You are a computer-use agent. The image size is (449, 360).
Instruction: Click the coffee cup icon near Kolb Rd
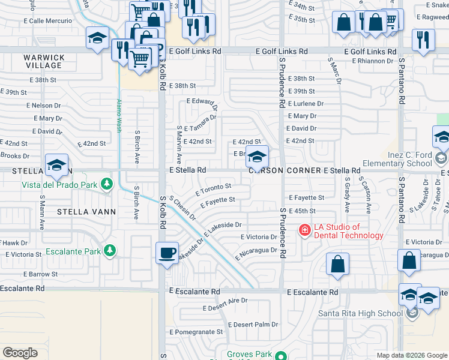tap(167, 253)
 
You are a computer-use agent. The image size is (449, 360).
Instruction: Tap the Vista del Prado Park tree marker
tap(107, 183)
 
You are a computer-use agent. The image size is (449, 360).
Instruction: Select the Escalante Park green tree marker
tap(110, 250)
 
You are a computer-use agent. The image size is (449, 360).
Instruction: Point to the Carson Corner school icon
tap(257, 158)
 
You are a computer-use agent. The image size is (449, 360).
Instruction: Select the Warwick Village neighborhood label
tap(44, 61)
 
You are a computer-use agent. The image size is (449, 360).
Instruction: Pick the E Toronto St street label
tap(213, 191)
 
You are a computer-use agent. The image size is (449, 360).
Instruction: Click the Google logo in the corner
tap(20, 353)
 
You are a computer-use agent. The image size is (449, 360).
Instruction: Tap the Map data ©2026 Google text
tap(411, 355)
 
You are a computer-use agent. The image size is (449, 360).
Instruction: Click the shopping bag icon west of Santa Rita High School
tap(338, 264)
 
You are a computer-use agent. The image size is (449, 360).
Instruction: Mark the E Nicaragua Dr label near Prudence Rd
tap(257, 251)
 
